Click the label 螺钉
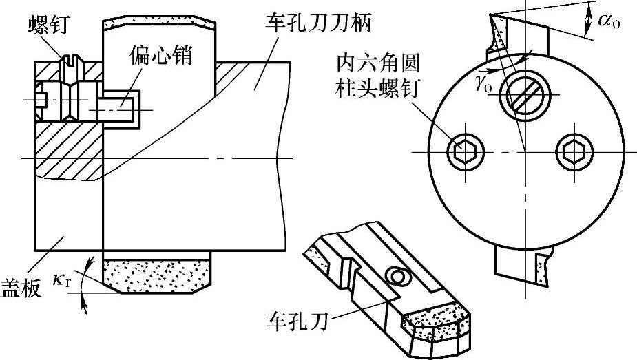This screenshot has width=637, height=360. pos(46,25)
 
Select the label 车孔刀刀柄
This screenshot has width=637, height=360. pos(317,24)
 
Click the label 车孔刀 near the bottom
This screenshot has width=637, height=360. pos(297,319)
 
